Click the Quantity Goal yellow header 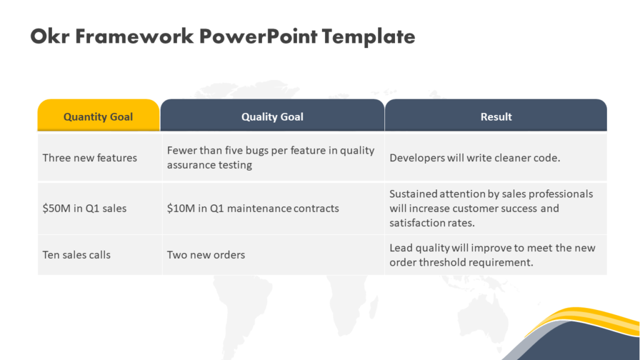click(98, 116)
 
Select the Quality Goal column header click(272, 116)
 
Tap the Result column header click(496, 116)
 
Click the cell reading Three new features click(89, 157)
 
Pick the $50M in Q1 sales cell click(84, 208)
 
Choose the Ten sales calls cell click(76, 254)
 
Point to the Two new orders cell click(206, 254)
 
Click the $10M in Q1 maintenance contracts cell click(252, 208)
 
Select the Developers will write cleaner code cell click(474, 157)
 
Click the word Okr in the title click(50, 36)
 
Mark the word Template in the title click(369, 36)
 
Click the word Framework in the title click(134, 36)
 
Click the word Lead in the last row click(401, 247)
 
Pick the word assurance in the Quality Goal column click(189, 165)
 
